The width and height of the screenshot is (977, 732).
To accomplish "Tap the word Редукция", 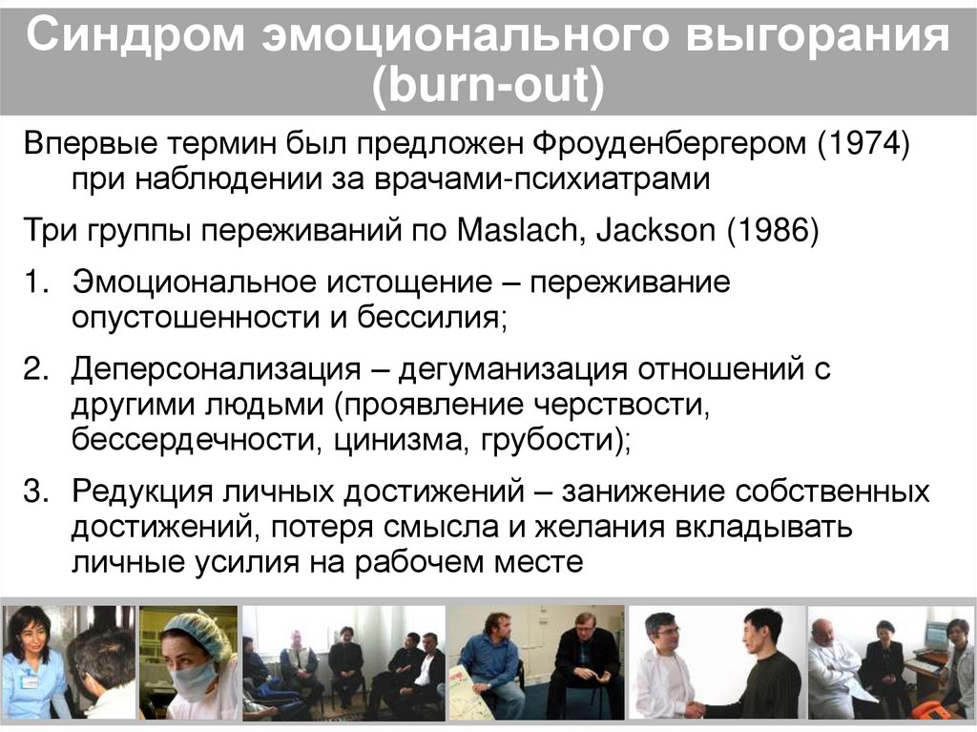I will tap(141, 492).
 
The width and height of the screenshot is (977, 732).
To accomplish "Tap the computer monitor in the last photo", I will tap(935, 638).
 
